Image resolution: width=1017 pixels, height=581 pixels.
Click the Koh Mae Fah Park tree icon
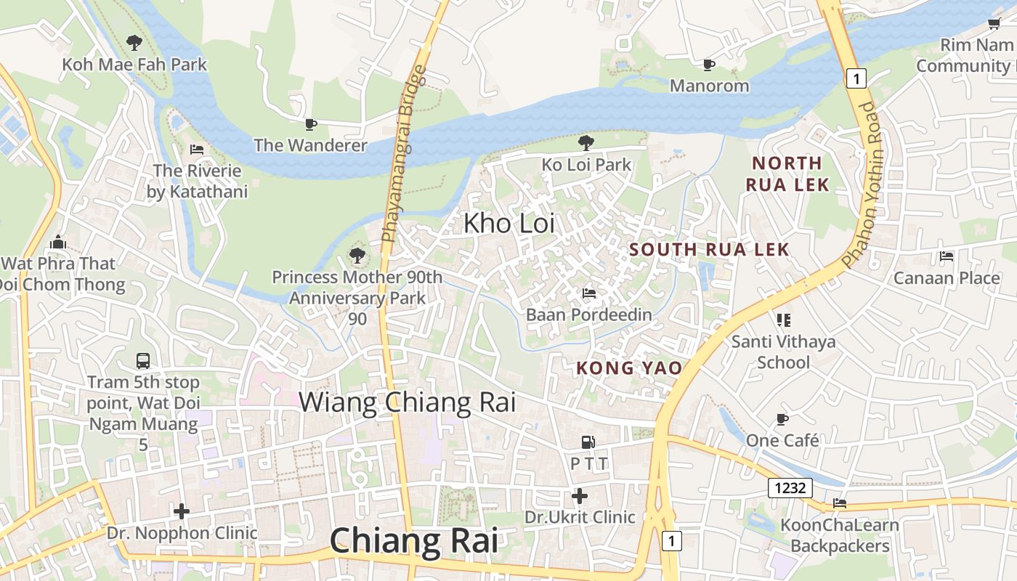[134, 43]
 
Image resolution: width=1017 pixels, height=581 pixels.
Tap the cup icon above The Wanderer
[311, 124]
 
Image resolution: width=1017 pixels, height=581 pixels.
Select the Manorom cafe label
[709, 86]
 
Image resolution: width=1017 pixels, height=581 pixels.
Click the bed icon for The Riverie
[196, 150]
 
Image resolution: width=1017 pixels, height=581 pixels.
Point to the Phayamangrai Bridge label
[402, 154]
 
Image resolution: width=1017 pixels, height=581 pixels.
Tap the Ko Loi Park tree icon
[586, 143]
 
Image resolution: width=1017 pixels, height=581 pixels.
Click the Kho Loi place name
[508, 223]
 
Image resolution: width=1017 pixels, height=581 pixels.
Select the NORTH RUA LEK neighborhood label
[787, 174]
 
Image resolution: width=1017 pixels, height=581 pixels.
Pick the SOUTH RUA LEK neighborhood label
[709, 250]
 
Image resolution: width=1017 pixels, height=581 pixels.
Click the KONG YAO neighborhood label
[629, 368]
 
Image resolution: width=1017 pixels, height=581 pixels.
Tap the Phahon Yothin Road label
[870, 184]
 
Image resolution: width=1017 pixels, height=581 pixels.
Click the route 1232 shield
[790, 488]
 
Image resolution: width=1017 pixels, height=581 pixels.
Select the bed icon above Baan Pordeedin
[589, 293]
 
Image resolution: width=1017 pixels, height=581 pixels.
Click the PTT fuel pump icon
[588, 442]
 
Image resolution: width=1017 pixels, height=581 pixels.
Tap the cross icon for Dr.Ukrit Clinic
[580, 496]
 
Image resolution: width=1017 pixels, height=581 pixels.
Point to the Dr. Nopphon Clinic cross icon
[182, 511]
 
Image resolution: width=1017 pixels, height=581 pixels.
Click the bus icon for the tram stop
[143, 360]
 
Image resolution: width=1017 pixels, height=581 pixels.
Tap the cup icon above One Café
[782, 419]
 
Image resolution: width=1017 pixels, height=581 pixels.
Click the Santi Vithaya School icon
[783, 320]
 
